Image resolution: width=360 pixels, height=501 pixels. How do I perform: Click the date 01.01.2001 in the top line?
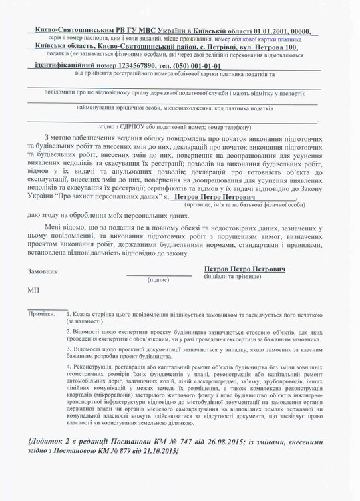[270, 31]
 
